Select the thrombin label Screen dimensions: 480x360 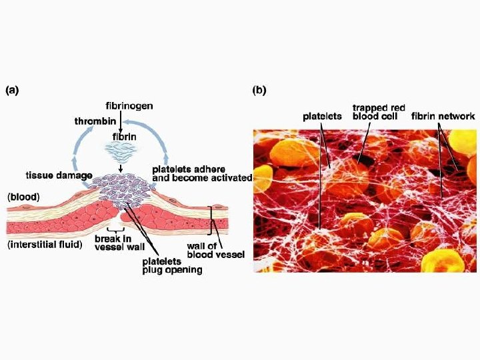click(94, 121)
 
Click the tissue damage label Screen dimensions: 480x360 click(59, 175)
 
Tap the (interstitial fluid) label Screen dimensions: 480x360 click(45, 244)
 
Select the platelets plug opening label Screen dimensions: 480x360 click(172, 265)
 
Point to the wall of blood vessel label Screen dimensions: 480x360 click(215, 250)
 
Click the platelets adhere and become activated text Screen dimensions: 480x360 click(202, 173)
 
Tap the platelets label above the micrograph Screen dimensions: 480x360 click(322, 116)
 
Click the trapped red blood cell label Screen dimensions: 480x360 click(379, 111)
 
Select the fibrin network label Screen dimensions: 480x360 click(443, 116)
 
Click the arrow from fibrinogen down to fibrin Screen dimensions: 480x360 click(121, 120)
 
